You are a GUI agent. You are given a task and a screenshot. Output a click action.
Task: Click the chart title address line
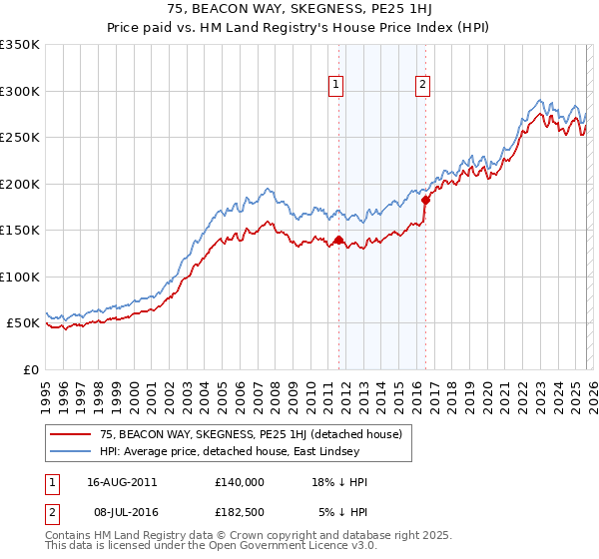[299, 9]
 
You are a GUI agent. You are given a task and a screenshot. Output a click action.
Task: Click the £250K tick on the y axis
[20, 138]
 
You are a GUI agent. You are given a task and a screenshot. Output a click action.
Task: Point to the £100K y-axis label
[20, 277]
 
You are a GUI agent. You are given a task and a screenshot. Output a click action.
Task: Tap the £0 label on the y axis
[30, 369]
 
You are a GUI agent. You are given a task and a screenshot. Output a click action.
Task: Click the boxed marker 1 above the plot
[337, 86]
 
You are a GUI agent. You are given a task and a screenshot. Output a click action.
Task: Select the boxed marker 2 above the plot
[423, 86]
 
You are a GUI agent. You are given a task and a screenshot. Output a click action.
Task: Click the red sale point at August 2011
[338, 240]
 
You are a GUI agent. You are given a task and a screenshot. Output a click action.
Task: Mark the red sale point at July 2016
[425, 200]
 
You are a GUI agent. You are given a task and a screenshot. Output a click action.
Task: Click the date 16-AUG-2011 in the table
[121, 481]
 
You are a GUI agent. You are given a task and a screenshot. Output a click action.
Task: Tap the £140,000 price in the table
[240, 481]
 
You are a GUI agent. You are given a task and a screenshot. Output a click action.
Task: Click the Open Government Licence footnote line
[200, 548]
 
